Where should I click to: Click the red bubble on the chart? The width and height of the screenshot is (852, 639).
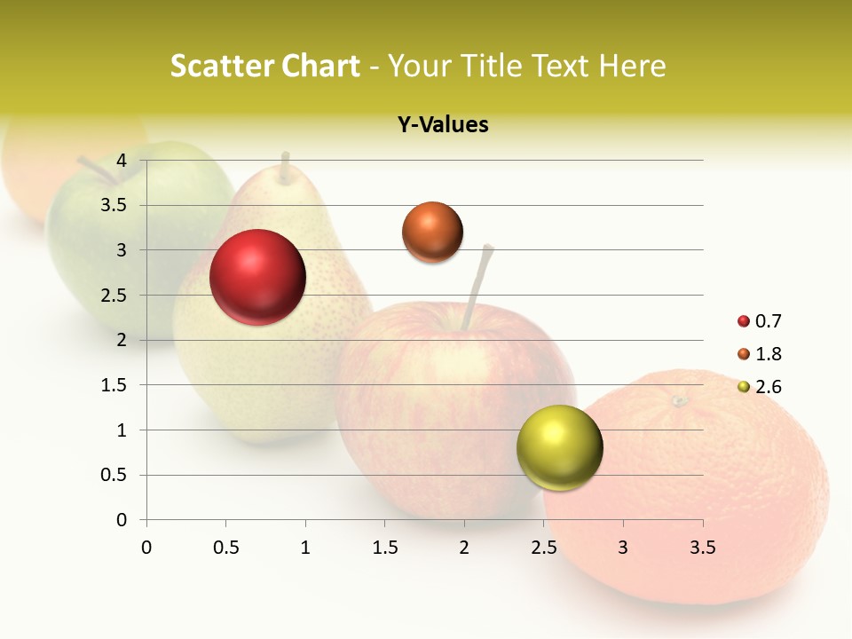point(257,277)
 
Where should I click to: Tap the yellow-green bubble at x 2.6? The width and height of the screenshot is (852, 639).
point(559,447)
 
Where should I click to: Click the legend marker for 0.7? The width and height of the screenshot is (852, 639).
point(744,321)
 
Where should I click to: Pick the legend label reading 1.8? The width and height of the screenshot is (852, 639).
point(768,354)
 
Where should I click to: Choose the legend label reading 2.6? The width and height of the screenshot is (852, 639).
point(768,387)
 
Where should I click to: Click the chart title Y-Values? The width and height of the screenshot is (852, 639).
point(443,125)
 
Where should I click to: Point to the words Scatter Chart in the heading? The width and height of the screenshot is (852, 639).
point(264,66)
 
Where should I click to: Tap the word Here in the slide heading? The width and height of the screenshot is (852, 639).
point(631,66)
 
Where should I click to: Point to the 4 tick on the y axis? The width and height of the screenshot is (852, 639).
point(122,161)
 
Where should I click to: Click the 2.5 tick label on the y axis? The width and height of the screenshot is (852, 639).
point(114,296)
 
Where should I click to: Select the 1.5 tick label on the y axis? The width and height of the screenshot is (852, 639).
point(114,385)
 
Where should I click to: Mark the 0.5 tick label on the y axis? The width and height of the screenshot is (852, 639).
point(114,475)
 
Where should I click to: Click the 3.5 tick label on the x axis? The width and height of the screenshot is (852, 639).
point(702,548)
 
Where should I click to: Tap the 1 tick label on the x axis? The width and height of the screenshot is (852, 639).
point(305,548)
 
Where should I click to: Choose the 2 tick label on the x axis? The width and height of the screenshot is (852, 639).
point(464,548)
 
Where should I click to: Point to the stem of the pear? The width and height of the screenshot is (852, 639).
point(285,169)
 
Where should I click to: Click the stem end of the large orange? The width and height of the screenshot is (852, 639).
point(680,401)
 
